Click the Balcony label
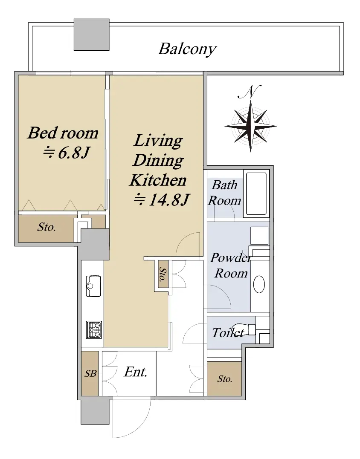pos(187,49)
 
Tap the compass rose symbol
pos(250,126)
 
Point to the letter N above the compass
pos(250,92)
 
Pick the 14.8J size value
pos(161,200)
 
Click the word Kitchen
pos(158,180)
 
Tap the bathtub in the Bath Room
pos(256,193)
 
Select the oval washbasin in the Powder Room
pos(259,284)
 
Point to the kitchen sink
pos(94,286)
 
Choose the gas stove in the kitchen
pos(94,329)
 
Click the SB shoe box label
pos(90,373)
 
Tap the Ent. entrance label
pos(135,372)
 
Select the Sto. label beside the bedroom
pos(46,227)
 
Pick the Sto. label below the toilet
pos(225,379)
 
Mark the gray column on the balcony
pos(91,35)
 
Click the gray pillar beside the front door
pos(95,412)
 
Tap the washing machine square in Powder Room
pos(259,236)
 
